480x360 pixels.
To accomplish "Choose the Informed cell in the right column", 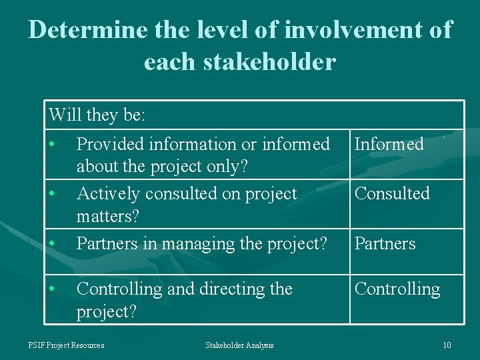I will pyautogui.click(x=389, y=144).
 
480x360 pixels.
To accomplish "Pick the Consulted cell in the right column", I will pyautogui.click(x=392, y=193).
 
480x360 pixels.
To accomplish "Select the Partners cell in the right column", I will pyautogui.click(x=385, y=243).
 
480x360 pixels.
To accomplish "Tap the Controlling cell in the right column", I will pyautogui.click(x=397, y=289).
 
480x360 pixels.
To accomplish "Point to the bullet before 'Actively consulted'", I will pyautogui.click(x=52, y=194).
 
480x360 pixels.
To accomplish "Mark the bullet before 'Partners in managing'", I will pyautogui.click(x=52, y=244).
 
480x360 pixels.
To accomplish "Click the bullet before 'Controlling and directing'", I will pyautogui.click(x=52, y=289).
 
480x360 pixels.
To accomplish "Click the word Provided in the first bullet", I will pyautogui.click(x=110, y=144).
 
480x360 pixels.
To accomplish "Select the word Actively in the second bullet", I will pyautogui.click(x=107, y=193).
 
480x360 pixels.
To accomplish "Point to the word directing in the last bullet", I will pyautogui.click(x=227, y=289).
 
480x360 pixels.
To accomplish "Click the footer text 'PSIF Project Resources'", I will pyautogui.click(x=66, y=345).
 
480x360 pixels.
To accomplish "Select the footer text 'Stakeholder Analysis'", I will pyautogui.click(x=239, y=345).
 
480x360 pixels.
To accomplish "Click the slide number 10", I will pyautogui.click(x=447, y=345).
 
